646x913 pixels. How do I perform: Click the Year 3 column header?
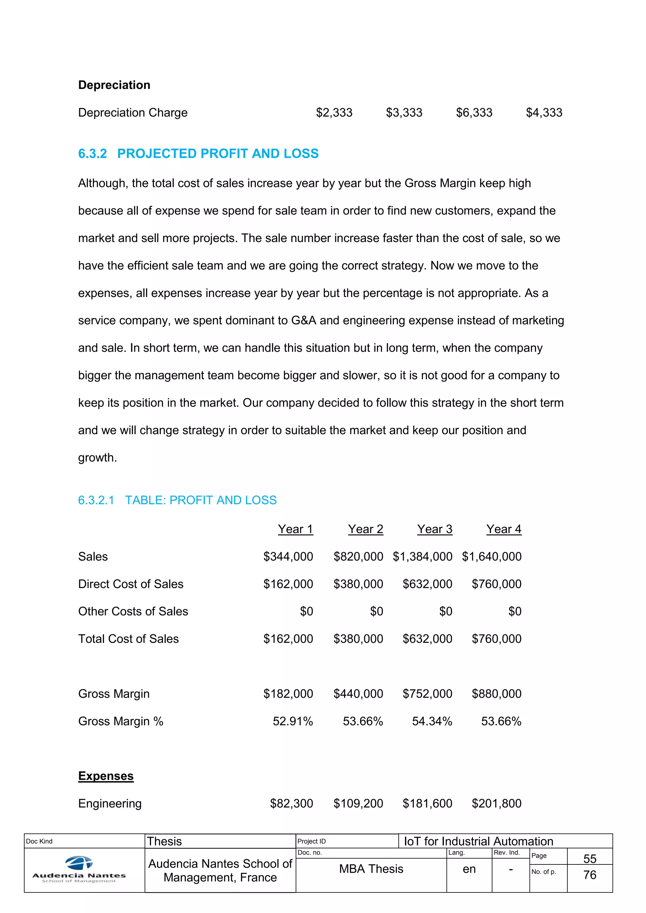(x=434, y=529)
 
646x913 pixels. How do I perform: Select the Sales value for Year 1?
(x=288, y=557)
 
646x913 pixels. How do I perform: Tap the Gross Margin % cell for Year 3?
(x=432, y=721)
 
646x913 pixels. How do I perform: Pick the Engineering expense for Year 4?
(x=496, y=804)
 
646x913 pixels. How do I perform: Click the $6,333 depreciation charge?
(x=474, y=113)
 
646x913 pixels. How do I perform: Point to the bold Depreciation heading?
(x=114, y=85)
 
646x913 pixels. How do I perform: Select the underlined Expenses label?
(x=106, y=776)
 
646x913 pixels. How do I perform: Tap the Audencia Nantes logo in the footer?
(x=79, y=870)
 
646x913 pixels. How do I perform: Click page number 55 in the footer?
(x=590, y=859)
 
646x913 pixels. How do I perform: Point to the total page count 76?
(x=590, y=875)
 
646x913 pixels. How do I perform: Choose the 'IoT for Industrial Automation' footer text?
(x=479, y=841)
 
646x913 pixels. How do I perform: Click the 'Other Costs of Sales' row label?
(x=133, y=612)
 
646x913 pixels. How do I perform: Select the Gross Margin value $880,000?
(x=496, y=694)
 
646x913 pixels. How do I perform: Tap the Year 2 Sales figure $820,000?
(x=358, y=557)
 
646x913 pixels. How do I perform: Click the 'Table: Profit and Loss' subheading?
(x=177, y=500)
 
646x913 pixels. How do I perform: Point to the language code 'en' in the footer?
(x=469, y=869)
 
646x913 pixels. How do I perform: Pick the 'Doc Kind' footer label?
(x=39, y=841)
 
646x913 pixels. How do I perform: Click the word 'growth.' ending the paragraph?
(x=97, y=458)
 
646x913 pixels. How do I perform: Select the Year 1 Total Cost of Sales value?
(x=288, y=639)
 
